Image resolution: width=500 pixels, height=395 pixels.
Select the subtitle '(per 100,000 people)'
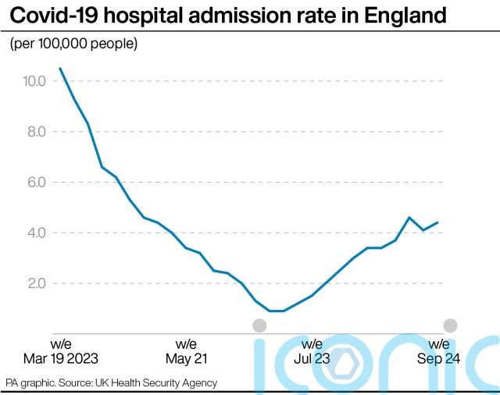coord(73,44)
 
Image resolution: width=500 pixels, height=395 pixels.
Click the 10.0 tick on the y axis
coord(34,81)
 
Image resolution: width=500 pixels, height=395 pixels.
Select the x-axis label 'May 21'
coord(186,358)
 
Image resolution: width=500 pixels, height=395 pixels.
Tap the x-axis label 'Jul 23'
coord(312,358)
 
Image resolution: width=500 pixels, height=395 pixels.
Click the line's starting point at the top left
coord(60,69)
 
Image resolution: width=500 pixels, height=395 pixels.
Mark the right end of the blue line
coord(437,222)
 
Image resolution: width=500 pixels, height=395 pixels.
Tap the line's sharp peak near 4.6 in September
coord(409,218)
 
